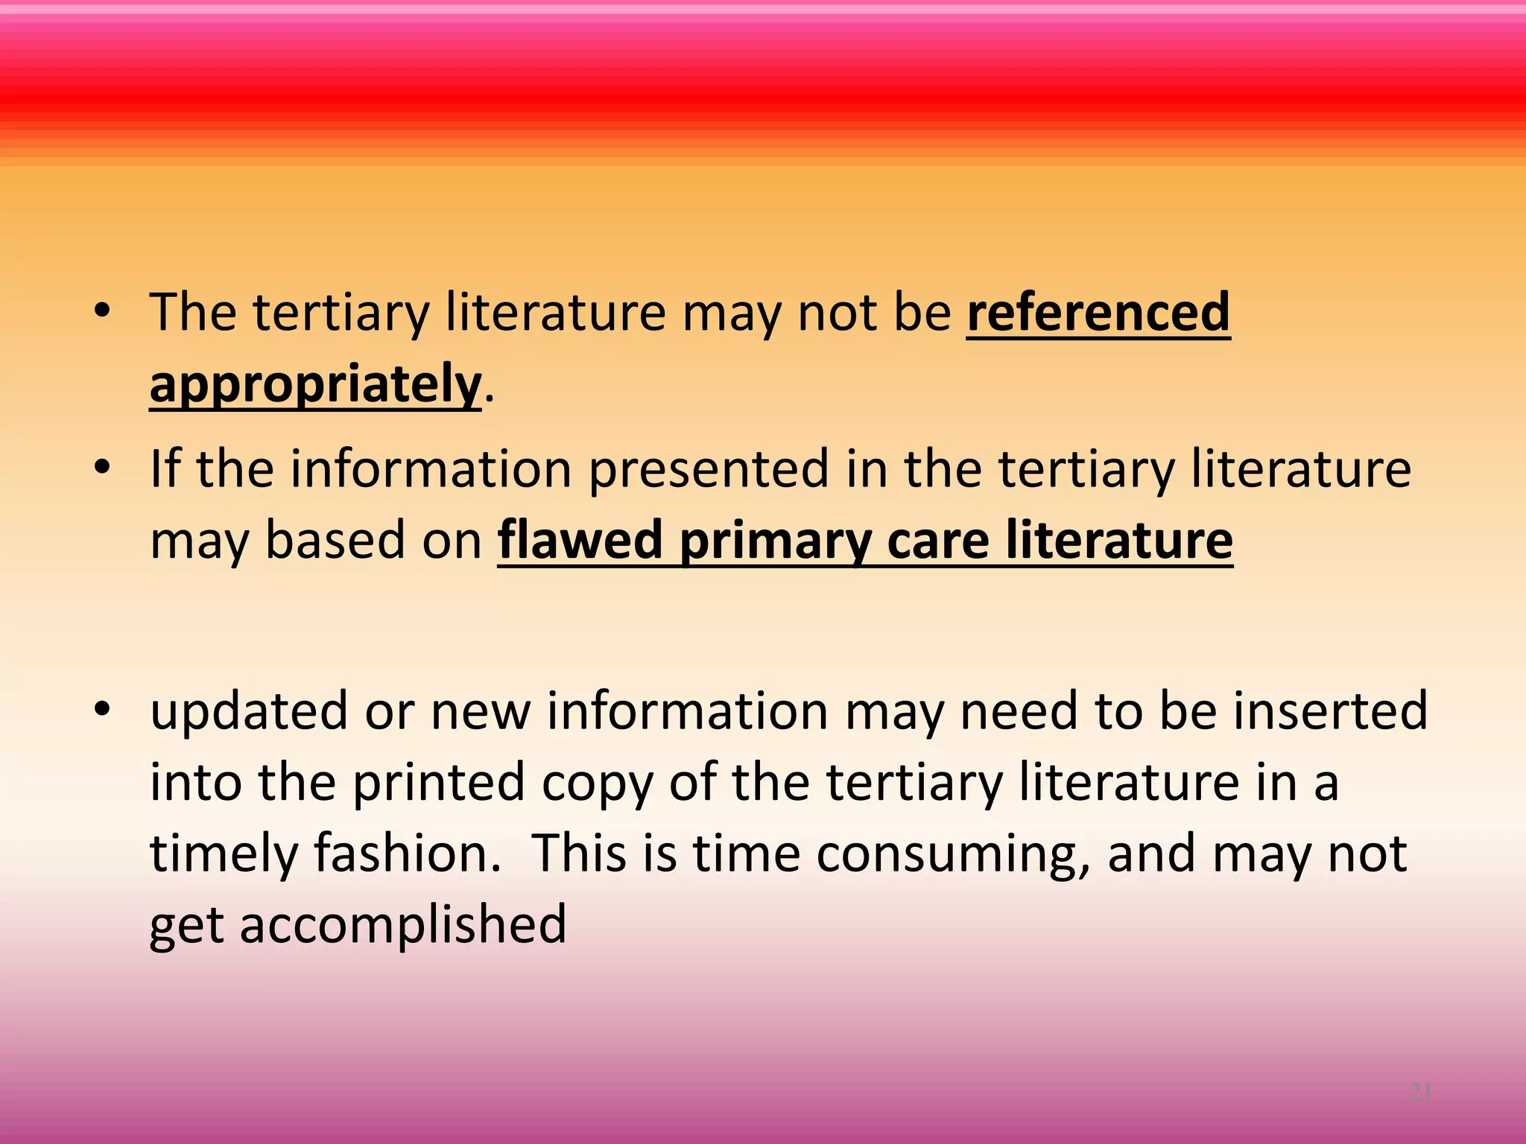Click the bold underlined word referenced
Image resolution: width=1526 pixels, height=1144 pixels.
[1098, 312]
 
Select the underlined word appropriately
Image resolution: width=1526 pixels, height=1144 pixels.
[315, 384]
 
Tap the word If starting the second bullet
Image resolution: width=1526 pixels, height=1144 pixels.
[165, 468]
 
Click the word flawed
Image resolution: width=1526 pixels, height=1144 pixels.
[580, 540]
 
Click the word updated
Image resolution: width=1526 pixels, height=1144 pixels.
[249, 712]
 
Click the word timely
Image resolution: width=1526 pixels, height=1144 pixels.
[224, 854]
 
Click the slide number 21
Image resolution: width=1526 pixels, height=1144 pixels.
[1420, 1093]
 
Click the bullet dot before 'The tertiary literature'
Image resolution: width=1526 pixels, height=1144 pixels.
[102, 312]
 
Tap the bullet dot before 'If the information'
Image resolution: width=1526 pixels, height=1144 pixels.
[102, 468]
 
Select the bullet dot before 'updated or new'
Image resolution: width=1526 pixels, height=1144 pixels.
[102, 710]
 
